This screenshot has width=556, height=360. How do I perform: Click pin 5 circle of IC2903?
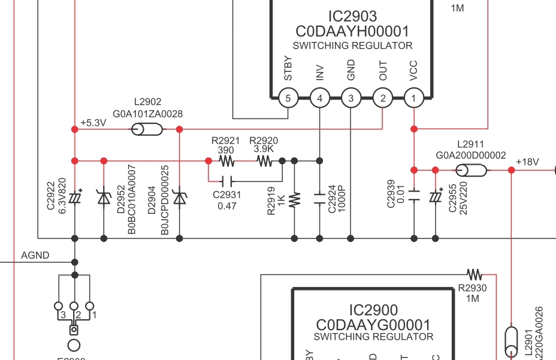(289, 98)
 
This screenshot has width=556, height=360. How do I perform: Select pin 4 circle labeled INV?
(320, 98)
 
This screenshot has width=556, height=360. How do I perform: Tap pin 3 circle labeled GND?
(351, 98)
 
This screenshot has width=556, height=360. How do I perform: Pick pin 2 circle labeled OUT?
(382, 98)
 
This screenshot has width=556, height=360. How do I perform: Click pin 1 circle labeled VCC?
(413, 98)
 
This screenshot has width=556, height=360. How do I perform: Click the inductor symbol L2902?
(147, 129)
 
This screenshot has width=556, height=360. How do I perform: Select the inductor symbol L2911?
(472, 170)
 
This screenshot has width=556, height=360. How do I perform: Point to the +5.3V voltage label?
(93, 123)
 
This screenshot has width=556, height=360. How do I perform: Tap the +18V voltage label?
(527, 162)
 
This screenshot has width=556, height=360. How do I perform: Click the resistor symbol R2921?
(226, 161)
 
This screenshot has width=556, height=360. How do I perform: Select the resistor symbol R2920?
(264, 161)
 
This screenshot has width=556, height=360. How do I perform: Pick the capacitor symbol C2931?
(226, 180)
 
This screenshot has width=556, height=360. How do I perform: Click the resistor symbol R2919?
(294, 199)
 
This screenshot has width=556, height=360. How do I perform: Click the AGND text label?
(35, 255)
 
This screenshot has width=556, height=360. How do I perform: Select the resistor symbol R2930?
(475, 275)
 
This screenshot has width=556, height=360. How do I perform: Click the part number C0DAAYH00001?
(352, 31)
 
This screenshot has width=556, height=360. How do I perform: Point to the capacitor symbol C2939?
(413, 196)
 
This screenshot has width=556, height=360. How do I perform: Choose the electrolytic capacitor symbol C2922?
(75, 196)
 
